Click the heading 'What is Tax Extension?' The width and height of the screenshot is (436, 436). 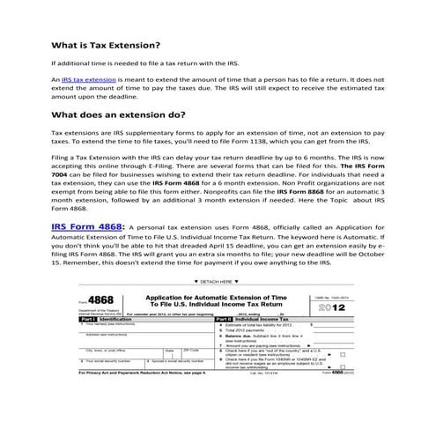click(x=105, y=45)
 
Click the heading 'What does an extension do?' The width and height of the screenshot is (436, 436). click(x=117, y=115)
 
